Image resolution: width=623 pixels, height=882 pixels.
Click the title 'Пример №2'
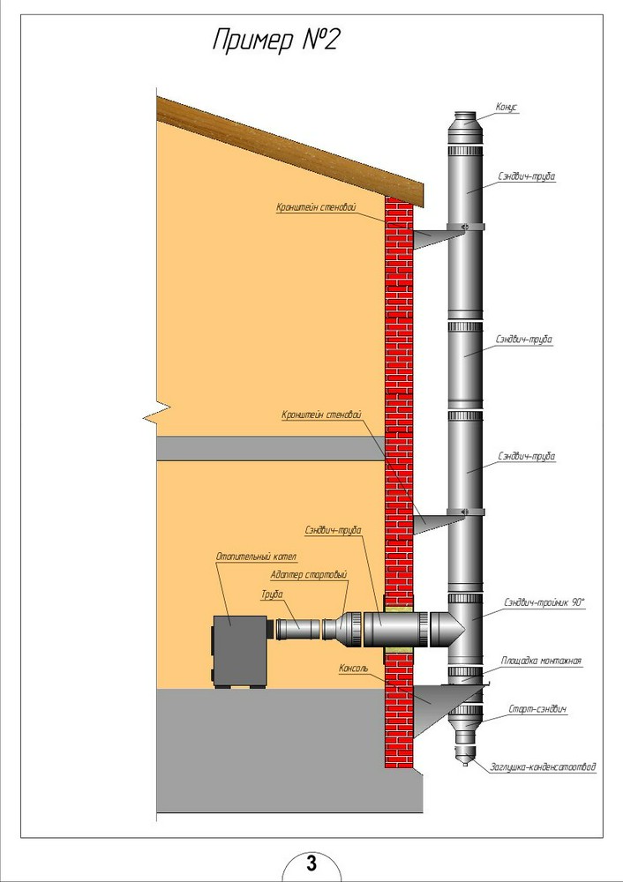pos(276,41)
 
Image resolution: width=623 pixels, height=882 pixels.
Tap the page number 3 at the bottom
pos(311,863)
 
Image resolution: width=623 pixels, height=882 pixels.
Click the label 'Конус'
pos(506,107)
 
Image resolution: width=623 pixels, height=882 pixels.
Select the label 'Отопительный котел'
pos(256,557)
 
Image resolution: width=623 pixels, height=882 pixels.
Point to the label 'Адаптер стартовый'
pos(308,575)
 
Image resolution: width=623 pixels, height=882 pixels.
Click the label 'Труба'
pos(271,594)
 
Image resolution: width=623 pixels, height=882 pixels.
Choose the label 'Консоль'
pos(353,669)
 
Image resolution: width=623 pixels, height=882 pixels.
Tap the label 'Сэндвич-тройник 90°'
pos(544,602)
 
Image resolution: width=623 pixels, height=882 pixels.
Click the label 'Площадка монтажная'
pos(541,661)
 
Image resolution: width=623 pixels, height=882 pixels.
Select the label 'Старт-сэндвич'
pos(537,709)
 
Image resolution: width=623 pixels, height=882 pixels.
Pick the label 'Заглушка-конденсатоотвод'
pos(543,766)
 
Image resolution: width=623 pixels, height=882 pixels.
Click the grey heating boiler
pos(240,652)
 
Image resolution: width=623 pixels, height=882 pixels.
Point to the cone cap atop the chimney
pos(465,120)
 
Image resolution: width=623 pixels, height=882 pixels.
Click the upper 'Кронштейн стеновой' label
pos(316,207)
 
